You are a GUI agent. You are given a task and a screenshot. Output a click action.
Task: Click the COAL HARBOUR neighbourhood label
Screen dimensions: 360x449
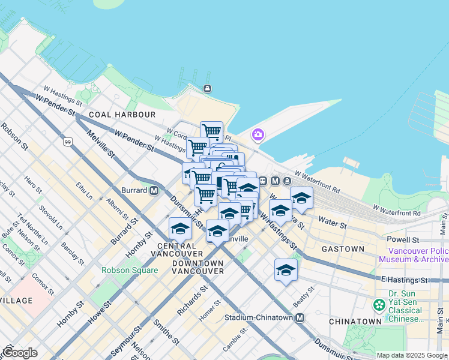click(122, 115)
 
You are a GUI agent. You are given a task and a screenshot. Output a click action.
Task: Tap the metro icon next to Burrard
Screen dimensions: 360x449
click(154, 191)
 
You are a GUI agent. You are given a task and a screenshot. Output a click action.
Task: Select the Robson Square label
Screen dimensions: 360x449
click(130, 270)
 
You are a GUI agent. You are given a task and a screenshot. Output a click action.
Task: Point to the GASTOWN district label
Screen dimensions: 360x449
click(343, 248)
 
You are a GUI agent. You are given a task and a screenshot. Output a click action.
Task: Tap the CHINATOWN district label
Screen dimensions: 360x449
click(355, 322)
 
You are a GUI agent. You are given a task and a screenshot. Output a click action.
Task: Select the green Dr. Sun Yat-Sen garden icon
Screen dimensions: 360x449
click(379, 305)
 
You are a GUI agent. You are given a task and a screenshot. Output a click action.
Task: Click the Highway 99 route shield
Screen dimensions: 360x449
click(68, 142)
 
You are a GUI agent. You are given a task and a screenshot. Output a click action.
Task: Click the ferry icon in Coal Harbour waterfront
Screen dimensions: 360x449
click(207, 89)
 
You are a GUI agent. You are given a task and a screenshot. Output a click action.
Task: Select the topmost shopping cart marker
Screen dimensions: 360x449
click(211, 131)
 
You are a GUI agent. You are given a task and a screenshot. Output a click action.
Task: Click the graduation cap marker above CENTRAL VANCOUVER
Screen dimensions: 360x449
click(180, 227)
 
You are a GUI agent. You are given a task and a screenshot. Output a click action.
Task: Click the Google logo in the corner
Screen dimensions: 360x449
click(19, 353)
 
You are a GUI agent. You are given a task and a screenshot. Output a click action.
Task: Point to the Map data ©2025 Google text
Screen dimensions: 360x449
click(412, 355)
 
